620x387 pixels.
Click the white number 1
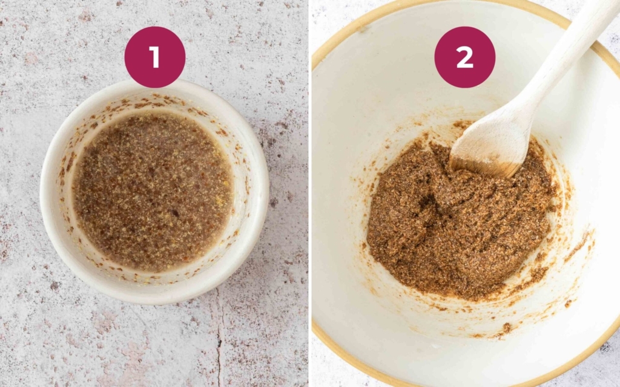[x=154, y=57]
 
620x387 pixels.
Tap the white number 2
[x=464, y=57]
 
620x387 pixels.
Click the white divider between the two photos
[x=310, y=193]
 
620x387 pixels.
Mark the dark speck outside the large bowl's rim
[x=604, y=348]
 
